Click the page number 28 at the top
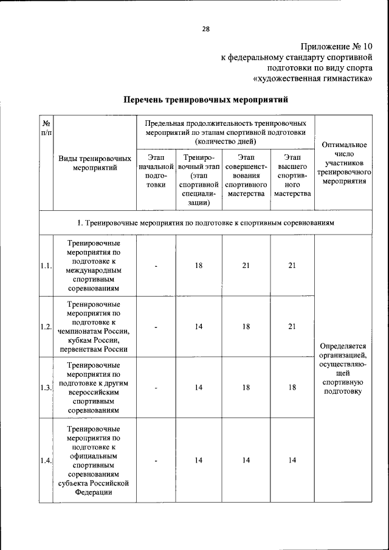coord(205,29)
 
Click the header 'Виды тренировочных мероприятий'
coord(95,162)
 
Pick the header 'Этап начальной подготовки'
coord(156,171)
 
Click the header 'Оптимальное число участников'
coord(345,163)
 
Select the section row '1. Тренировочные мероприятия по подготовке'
coord(205,223)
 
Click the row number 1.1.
coord(46,266)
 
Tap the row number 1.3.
coord(46,388)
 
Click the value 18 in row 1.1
coord(199,266)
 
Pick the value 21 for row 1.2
coord(292,326)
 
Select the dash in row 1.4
coord(156,461)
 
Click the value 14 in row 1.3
coord(199,388)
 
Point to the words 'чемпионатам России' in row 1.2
coord(95,331)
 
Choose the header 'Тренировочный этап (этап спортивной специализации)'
coord(199,176)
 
